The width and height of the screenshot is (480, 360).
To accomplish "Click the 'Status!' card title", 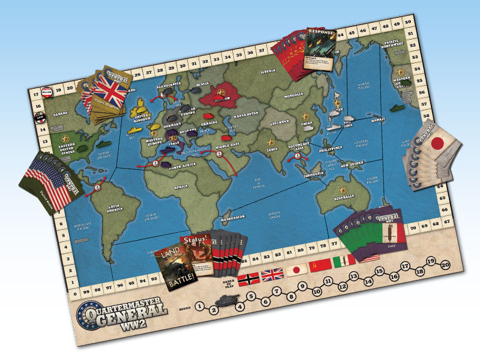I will pos(196,241).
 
